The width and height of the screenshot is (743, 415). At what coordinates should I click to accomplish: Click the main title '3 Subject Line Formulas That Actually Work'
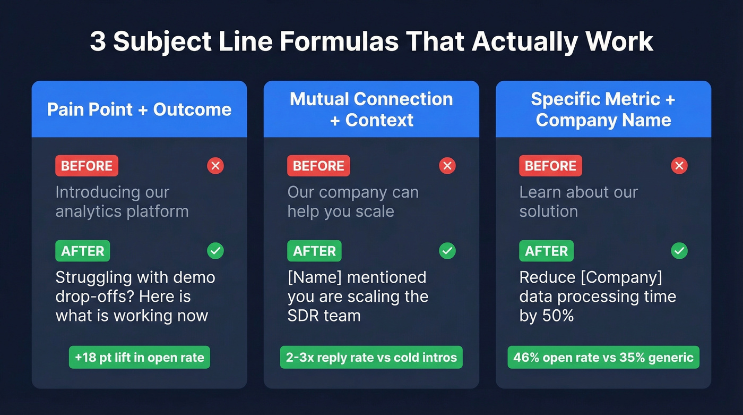tap(371, 42)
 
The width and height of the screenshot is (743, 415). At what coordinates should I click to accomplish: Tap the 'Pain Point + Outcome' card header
tap(139, 109)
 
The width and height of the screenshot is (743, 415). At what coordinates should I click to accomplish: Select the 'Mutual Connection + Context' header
tap(371, 109)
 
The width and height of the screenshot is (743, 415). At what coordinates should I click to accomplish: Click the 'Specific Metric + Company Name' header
tap(603, 109)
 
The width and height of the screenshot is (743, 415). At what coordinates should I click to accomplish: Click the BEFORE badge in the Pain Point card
tap(87, 166)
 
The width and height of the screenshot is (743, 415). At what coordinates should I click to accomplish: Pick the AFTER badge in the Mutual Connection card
tap(314, 251)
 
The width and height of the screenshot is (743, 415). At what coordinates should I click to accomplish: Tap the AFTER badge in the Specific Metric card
tap(546, 251)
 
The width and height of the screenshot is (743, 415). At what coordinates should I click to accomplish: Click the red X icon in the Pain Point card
tap(215, 166)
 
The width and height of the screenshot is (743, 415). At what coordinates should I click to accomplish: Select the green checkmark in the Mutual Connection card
tap(447, 251)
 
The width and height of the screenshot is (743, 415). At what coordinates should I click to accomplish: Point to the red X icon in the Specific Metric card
tap(679, 166)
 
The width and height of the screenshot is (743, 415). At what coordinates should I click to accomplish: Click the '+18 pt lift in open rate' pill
tap(140, 358)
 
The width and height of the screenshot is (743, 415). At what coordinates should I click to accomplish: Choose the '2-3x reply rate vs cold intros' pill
tap(371, 358)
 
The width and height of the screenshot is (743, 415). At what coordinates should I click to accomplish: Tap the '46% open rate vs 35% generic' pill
tap(603, 358)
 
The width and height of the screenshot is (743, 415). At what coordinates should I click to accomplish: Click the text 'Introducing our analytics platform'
tap(122, 201)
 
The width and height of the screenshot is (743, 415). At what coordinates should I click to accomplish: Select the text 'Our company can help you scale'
tap(353, 201)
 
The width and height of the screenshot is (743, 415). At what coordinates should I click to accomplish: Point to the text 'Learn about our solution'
tap(578, 201)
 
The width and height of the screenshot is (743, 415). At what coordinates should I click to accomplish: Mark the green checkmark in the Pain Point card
tap(215, 251)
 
